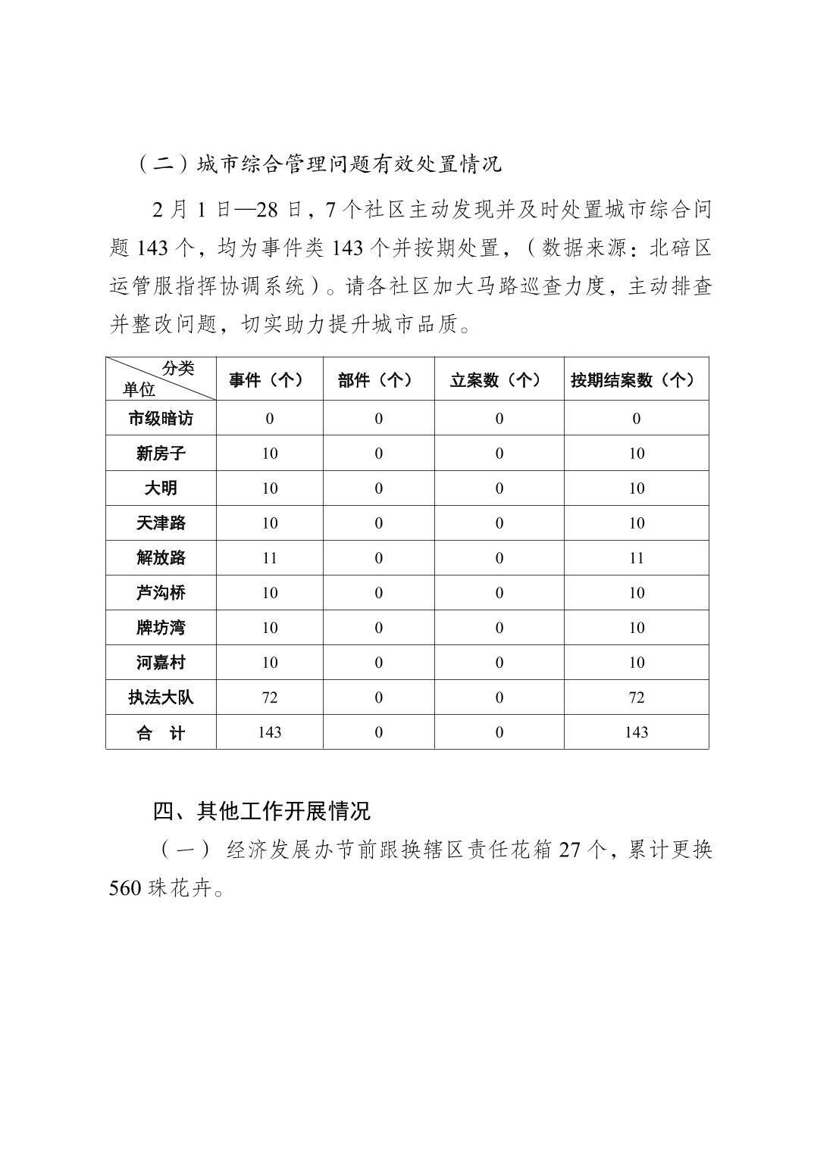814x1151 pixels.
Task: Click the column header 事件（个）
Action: pos(269,380)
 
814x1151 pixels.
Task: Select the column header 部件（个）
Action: pos(378,380)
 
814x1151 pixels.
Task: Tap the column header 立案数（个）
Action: pos(499,380)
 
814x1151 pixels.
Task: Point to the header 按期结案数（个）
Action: pos(636,380)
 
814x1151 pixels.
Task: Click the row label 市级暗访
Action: pos(161,419)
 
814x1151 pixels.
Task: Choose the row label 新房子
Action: pos(161,454)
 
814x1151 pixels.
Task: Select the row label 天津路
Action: pos(161,523)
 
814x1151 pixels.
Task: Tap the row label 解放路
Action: pos(161,558)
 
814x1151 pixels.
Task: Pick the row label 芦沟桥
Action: pos(161,593)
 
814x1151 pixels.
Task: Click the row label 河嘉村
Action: pos(161,663)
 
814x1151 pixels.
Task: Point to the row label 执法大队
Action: pos(161,697)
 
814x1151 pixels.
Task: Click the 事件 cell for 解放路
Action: pos(270,558)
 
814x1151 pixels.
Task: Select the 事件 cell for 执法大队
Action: pos(270,697)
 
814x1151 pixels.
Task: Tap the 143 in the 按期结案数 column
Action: pos(637,732)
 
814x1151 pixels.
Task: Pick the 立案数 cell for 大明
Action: pos(499,488)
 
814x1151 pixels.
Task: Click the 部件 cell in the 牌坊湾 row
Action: pos(378,628)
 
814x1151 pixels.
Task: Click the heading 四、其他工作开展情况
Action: pos(261,811)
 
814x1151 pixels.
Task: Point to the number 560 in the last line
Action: pos(125,888)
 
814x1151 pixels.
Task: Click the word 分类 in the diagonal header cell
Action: pos(178,369)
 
